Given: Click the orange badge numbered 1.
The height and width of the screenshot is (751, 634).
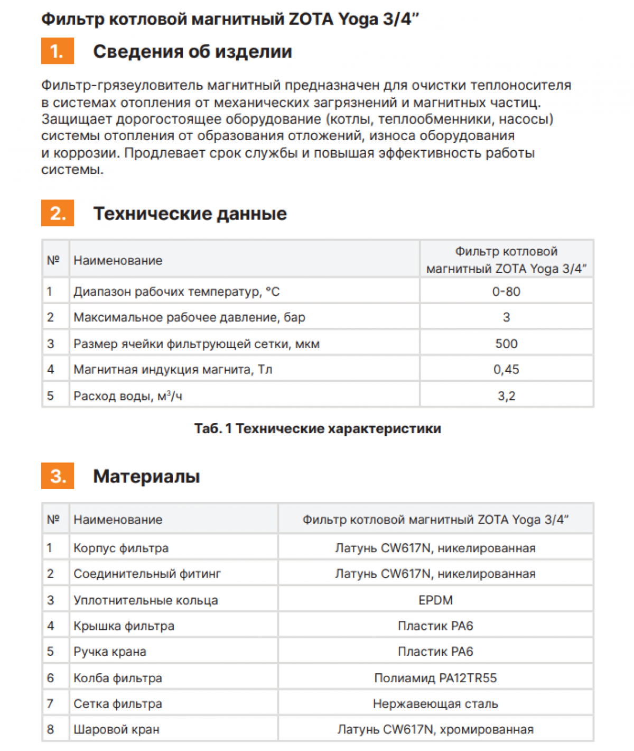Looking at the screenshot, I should click(x=57, y=51).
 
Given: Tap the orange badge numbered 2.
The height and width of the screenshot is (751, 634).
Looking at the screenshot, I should click(x=57, y=213).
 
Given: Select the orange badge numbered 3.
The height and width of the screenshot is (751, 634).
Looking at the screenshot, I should click(x=57, y=476).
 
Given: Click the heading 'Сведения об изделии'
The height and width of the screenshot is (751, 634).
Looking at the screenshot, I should click(x=192, y=51).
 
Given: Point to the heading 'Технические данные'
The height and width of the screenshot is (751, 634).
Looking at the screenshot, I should click(x=190, y=213).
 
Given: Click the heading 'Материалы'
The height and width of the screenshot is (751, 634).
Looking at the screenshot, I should click(x=146, y=476).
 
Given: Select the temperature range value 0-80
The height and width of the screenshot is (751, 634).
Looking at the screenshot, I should click(x=506, y=291).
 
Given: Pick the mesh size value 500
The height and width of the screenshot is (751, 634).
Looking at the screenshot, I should click(x=506, y=344).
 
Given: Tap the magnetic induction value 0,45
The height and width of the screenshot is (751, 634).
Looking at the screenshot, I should click(x=506, y=370).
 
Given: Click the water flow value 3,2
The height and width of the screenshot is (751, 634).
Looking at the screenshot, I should click(x=506, y=396).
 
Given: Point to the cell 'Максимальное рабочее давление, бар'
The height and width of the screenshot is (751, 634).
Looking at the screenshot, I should click(x=189, y=317).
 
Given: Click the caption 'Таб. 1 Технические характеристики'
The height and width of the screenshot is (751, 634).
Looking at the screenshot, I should click(x=317, y=428).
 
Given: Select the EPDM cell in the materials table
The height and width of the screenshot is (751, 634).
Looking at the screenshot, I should click(x=435, y=600).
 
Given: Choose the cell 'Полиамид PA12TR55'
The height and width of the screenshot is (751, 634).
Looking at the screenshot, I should click(x=435, y=678).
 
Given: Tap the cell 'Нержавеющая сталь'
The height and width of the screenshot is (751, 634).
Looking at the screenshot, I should click(x=435, y=704).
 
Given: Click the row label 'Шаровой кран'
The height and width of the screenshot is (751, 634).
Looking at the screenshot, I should click(x=116, y=730).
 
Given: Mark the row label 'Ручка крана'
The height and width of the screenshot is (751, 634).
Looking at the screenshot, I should click(x=110, y=652).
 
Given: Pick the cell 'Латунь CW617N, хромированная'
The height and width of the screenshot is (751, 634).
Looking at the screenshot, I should click(x=435, y=730).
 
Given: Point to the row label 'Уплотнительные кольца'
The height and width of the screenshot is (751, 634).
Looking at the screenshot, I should click(x=145, y=600).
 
